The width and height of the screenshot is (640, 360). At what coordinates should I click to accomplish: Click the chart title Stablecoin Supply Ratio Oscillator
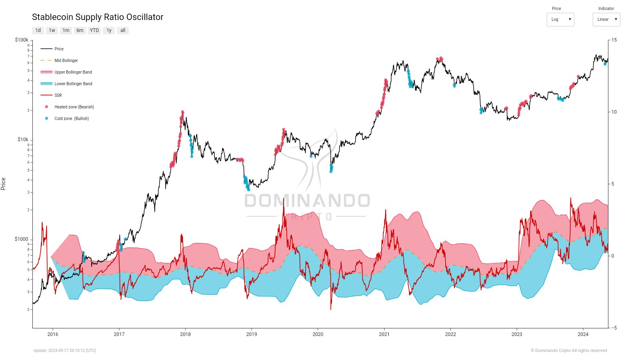(98, 17)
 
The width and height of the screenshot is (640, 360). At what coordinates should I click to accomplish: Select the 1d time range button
(38, 30)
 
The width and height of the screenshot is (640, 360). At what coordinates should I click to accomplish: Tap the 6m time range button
(80, 30)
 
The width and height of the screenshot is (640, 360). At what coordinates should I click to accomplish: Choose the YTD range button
(94, 30)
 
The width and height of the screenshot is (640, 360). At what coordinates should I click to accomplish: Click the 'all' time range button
(123, 30)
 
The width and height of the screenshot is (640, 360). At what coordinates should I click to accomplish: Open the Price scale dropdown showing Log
(560, 20)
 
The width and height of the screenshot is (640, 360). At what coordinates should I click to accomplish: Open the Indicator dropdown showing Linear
(606, 20)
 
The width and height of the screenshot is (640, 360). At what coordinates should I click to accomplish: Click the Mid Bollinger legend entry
(66, 61)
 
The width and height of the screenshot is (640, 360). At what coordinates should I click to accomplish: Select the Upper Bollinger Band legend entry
(73, 72)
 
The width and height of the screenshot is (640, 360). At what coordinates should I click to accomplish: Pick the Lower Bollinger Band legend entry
(73, 84)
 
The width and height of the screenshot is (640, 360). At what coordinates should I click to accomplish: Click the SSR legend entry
(58, 96)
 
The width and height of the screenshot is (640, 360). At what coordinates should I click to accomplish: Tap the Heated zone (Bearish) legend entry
(74, 107)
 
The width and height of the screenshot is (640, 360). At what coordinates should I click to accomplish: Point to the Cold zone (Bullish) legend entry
(72, 119)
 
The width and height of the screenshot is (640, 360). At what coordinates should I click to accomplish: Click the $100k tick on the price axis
(22, 40)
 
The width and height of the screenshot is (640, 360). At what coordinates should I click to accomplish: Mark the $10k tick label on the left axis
(23, 140)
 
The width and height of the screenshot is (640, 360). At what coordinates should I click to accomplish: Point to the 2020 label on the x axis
(318, 334)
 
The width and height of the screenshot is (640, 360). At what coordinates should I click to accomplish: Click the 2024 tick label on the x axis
(583, 334)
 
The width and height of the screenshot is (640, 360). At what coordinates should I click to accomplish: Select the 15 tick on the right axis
(614, 40)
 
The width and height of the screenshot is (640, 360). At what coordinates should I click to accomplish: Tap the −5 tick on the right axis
(614, 328)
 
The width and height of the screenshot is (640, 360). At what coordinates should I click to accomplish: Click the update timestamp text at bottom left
(65, 351)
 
